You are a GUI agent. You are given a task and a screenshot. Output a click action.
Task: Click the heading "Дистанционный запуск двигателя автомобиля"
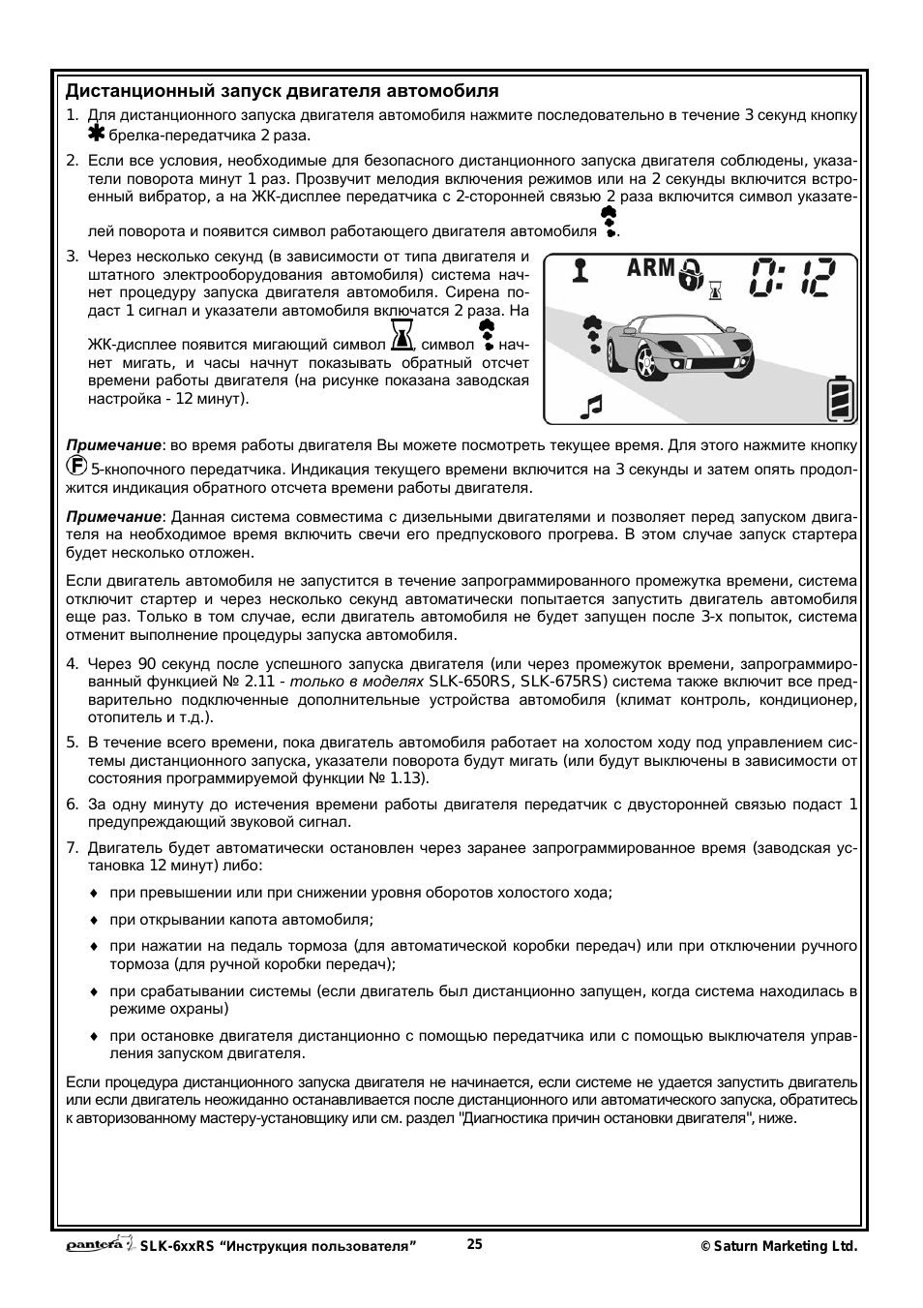tap(282, 92)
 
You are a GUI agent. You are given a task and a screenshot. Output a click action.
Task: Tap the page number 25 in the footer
tap(474, 1245)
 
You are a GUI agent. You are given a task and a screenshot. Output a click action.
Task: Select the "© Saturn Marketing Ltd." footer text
tap(779, 1247)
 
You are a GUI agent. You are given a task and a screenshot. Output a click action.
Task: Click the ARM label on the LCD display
tap(650, 268)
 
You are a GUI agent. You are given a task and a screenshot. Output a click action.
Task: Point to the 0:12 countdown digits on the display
tap(790, 278)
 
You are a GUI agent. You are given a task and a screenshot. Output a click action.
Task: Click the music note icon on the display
tap(590, 407)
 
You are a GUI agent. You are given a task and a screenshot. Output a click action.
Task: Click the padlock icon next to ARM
tap(690, 274)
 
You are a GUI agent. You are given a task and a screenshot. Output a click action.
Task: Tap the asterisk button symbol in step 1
tap(97, 135)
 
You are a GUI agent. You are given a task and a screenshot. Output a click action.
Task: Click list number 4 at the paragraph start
tap(72, 664)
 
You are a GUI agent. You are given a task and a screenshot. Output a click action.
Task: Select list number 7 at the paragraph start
tap(72, 848)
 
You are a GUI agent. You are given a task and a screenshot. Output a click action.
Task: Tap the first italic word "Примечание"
tap(112, 445)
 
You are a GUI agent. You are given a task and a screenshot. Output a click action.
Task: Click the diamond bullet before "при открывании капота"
tap(95, 920)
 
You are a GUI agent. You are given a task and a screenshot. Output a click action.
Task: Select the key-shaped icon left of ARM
tap(580, 269)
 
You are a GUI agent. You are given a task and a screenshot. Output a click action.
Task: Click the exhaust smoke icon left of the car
tap(590, 334)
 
